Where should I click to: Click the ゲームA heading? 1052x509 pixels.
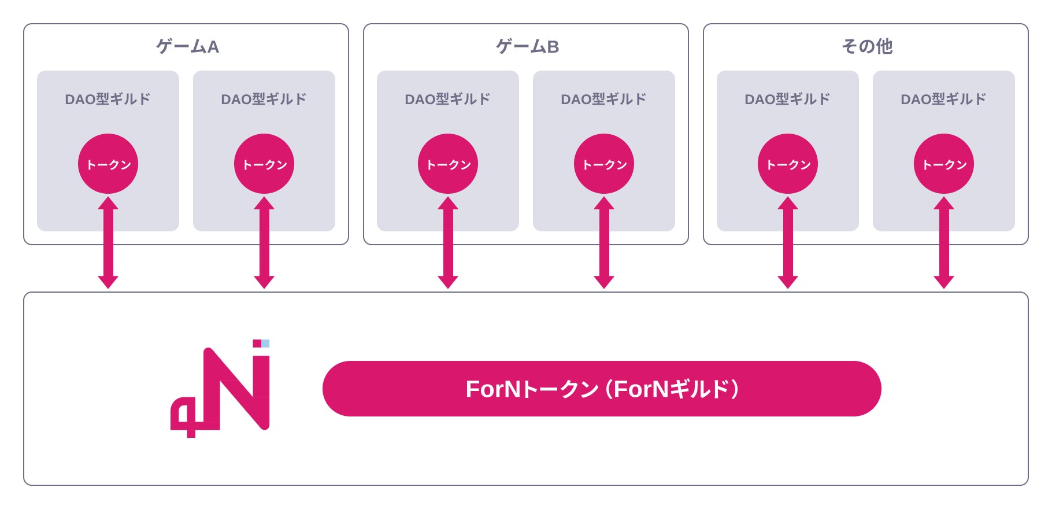(187, 46)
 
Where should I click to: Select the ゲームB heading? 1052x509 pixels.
(527, 46)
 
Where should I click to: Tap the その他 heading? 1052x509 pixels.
(867, 46)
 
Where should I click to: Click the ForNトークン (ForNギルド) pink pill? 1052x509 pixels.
(601, 389)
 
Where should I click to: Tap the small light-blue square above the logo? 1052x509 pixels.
(265, 344)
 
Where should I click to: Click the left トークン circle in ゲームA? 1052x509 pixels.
(108, 164)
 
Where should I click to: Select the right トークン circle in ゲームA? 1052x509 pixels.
(264, 164)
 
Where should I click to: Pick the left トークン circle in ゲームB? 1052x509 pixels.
(448, 164)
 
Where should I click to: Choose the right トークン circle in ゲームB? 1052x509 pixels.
(604, 164)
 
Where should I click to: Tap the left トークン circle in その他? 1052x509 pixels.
(788, 164)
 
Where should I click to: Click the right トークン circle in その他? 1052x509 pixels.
(944, 164)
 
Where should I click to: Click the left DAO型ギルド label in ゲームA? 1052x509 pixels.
(108, 99)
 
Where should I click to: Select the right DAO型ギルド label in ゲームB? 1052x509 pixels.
(604, 99)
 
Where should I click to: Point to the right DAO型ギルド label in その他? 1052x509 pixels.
(944, 99)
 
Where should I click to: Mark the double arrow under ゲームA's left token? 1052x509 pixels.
(108, 243)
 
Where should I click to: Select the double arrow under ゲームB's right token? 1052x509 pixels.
(604, 243)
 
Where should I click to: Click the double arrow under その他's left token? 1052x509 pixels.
(788, 243)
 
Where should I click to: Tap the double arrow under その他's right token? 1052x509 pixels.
(944, 243)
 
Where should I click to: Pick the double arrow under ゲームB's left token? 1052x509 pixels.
(448, 243)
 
